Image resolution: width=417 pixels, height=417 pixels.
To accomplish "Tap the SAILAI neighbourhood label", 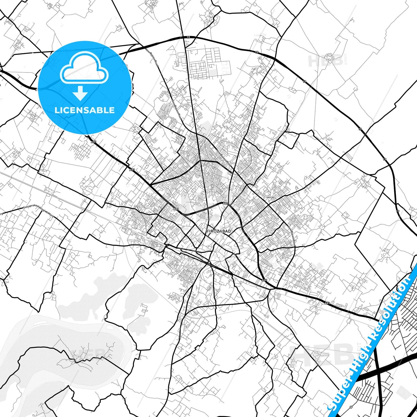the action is pos(270,197).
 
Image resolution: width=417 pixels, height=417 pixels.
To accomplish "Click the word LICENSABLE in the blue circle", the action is pos(85,110).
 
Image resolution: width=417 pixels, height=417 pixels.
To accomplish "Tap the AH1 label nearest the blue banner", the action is pos(327,303).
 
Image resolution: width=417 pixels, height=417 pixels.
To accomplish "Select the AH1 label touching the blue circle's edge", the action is pos(93,142).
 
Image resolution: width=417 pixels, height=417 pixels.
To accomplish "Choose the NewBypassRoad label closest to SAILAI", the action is pos(292,236).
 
